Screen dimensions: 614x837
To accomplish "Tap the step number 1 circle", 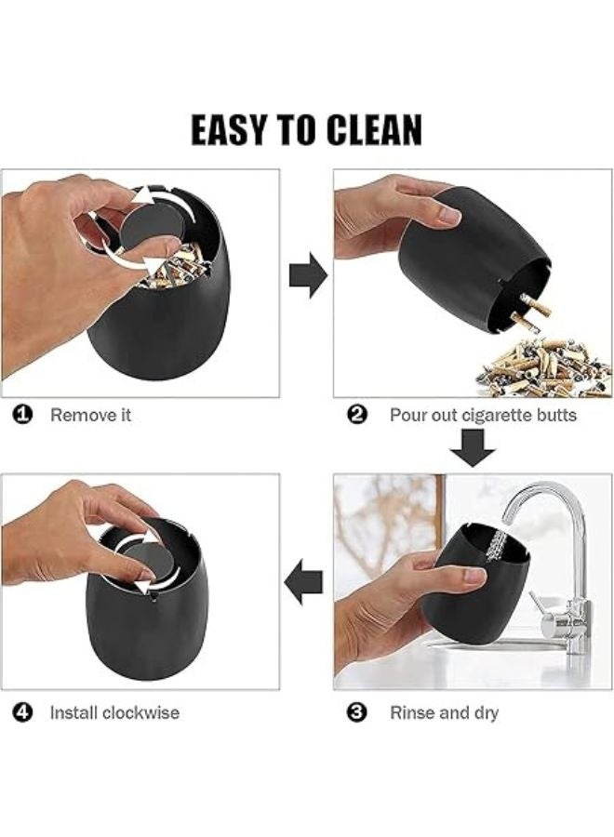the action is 23,415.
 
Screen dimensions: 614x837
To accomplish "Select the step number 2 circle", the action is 356,415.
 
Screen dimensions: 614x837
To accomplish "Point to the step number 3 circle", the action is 356,712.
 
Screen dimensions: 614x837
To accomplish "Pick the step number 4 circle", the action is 23,712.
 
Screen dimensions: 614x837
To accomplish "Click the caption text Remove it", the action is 90,415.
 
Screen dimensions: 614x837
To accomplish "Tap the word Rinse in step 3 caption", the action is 410,712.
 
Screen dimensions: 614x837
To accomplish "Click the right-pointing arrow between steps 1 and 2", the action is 308,275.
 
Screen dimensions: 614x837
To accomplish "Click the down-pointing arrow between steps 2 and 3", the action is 473,447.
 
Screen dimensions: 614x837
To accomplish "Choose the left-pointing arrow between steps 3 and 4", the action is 303,582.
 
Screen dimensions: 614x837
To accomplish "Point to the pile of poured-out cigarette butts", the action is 544,367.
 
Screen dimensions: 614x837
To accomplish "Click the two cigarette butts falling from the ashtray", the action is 530,314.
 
